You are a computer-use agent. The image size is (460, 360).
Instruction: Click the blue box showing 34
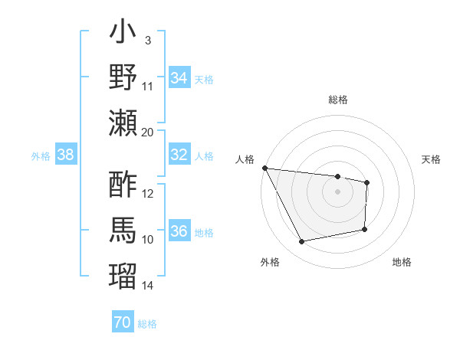pyautogui.click(x=179, y=78)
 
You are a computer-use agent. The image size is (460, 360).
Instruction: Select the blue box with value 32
pyautogui.click(x=179, y=155)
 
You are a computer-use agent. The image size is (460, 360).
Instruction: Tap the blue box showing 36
pyautogui.click(x=179, y=231)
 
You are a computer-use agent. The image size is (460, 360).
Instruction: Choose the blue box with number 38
pyautogui.click(x=65, y=155)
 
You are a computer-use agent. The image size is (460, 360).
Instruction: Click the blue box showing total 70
pyautogui.click(x=122, y=322)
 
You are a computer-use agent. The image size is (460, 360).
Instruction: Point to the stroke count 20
pyautogui.click(x=148, y=132)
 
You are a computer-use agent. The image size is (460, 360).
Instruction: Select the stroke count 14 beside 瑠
pyautogui.click(x=148, y=286)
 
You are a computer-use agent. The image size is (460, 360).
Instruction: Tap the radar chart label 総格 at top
pyautogui.click(x=337, y=100)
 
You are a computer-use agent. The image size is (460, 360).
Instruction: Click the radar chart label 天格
pyautogui.click(x=431, y=159)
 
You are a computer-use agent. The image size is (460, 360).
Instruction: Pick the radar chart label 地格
pyautogui.click(x=402, y=262)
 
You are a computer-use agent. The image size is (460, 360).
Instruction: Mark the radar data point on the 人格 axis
pyautogui.click(x=264, y=168)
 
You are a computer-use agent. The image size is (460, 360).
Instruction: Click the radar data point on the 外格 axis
pyautogui.click(x=301, y=242)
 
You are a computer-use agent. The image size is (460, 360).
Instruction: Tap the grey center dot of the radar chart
pyautogui.click(x=337, y=191)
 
